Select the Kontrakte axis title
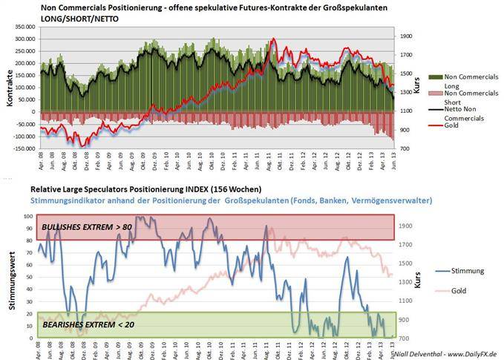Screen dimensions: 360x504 pyautogui.click(x=8, y=88)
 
